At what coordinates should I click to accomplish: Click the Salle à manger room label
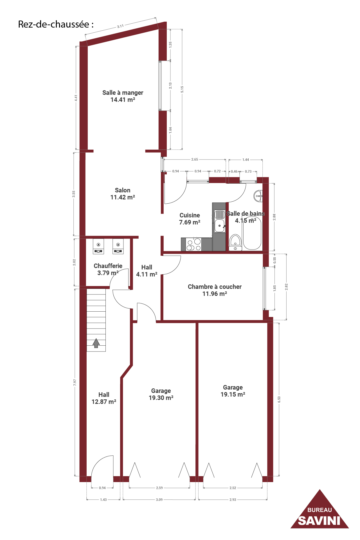[x=123, y=96]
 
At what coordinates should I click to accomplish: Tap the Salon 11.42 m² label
[x=123, y=194]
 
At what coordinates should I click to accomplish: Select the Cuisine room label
[x=190, y=219]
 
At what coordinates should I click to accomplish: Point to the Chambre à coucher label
[x=215, y=290]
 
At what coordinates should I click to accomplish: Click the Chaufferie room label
[x=108, y=269]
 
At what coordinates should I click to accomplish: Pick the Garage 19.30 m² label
[x=161, y=394]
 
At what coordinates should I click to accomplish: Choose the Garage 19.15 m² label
[x=233, y=391]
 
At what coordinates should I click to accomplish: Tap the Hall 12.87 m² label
[x=104, y=398]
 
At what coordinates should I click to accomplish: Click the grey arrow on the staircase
[x=96, y=343]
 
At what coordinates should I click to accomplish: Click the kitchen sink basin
[x=220, y=226]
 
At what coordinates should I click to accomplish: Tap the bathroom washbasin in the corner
[x=258, y=196]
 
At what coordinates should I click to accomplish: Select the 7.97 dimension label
[x=75, y=382]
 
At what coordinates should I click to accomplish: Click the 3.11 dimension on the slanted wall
[x=120, y=26]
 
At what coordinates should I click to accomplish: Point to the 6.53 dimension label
[x=279, y=399]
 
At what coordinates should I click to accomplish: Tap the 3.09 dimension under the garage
[x=159, y=499]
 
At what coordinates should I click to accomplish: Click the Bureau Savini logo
[x=319, y=510]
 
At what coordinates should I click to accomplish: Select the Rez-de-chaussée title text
[x=56, y=24]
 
